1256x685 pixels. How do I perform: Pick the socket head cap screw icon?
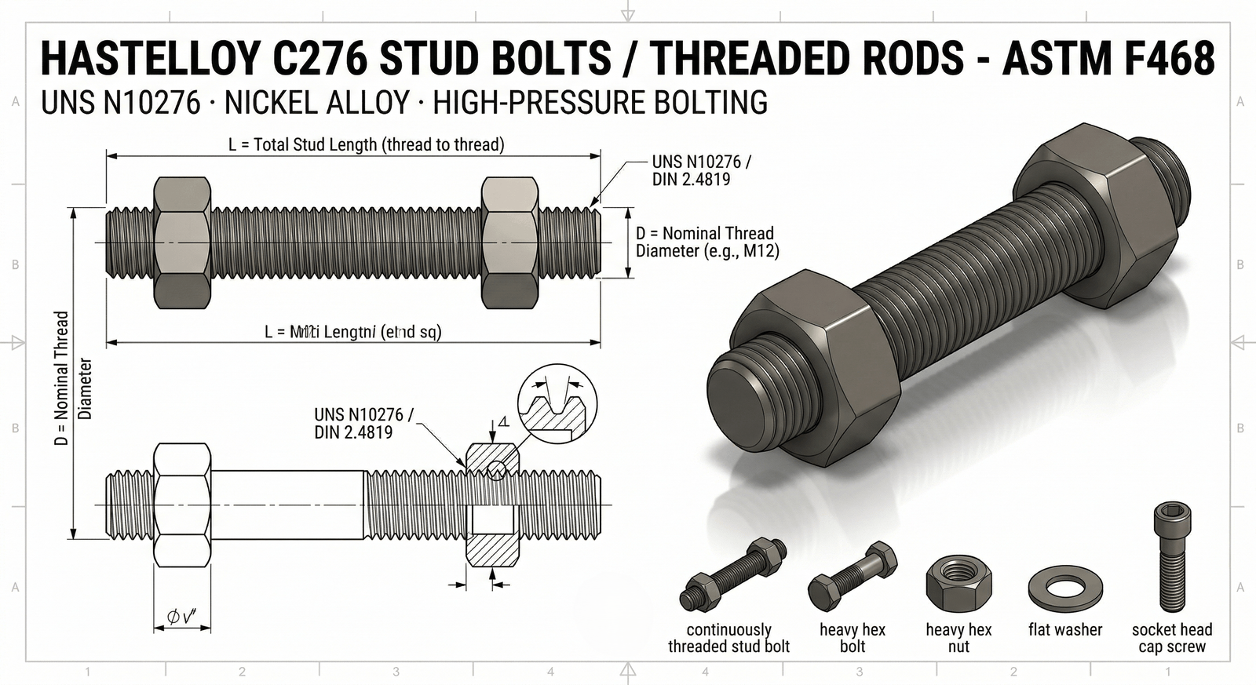[x=1172, y=556]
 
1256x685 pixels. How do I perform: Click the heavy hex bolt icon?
[x=853, y=577]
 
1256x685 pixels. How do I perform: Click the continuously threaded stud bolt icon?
[x=733, y=575]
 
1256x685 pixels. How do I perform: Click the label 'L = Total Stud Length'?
[x=366, y=144]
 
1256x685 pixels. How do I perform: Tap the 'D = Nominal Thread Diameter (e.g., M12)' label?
[x=705, y=242]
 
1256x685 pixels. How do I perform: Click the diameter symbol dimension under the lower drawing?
[x=182, y=618]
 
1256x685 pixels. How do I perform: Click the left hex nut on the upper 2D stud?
[x=182, y=242]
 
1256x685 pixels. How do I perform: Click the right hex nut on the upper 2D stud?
[x=509, y=242]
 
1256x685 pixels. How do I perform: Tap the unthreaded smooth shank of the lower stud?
[x=287, y=505]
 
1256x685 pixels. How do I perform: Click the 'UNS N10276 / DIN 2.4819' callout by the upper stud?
[x=701, y=170]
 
